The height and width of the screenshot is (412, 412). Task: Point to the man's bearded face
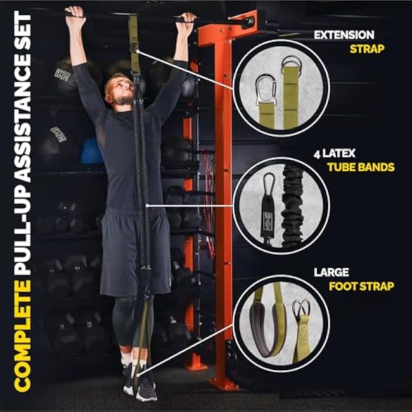120,93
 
